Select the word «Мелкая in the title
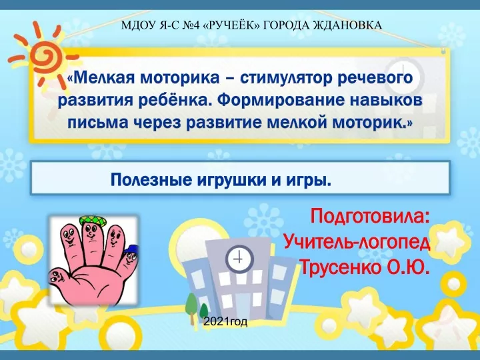(x=101, y=78)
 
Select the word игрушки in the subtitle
(x=231, y=181)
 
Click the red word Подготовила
(x=371, y=217)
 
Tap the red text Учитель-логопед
(x=357, y=243)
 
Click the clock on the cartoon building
(x=239, y=259)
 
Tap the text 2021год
(x=225, y=321)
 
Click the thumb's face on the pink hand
(x=58, y=277)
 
